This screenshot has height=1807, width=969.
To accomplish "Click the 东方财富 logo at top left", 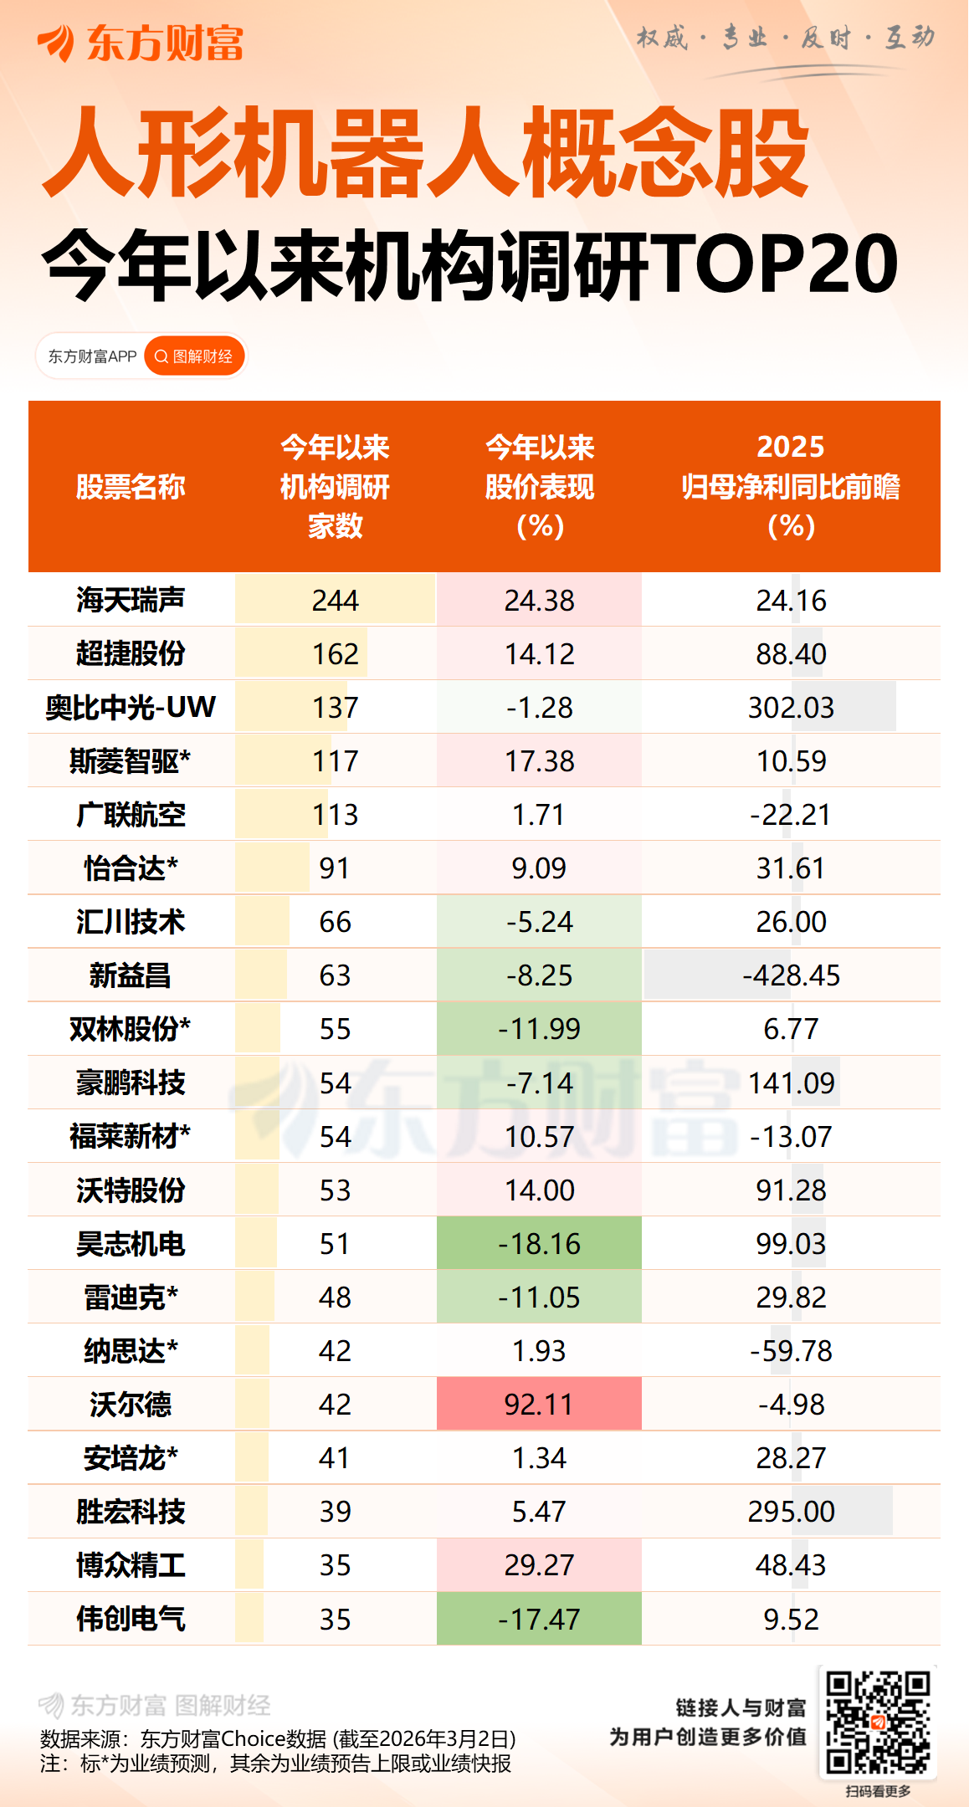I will point(141,43).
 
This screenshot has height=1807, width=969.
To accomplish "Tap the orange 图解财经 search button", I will point(195,356).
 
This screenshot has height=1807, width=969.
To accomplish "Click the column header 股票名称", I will point(131,487).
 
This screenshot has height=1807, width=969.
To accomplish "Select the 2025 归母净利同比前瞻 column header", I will point(791,486).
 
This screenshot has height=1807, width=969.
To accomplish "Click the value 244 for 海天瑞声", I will point(335,601).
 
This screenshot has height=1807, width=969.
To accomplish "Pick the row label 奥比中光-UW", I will point(131,708).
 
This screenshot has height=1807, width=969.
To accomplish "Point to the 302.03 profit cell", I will point(791,708).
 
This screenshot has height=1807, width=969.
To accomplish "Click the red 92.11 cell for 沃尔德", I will point(539,1405).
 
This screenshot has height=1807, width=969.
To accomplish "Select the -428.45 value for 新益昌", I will point(791,975).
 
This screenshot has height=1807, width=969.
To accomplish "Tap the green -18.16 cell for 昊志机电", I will point(539,1244).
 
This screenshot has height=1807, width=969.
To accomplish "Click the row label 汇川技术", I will point(131,922).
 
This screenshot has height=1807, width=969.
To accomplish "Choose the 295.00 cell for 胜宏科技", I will point(791,1512).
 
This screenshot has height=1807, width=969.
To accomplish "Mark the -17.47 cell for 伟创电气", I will point(539,1620).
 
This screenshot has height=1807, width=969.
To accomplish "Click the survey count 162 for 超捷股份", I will point(335,654).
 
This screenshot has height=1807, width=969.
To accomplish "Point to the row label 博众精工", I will point(131,1565).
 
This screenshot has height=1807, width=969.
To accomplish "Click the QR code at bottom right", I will point(878,1723).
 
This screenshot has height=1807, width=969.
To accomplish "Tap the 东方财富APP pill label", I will point(92,356).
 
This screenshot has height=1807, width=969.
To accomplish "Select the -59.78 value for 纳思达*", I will point(791,1351).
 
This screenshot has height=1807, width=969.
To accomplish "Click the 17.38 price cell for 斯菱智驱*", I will point(539,761).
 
